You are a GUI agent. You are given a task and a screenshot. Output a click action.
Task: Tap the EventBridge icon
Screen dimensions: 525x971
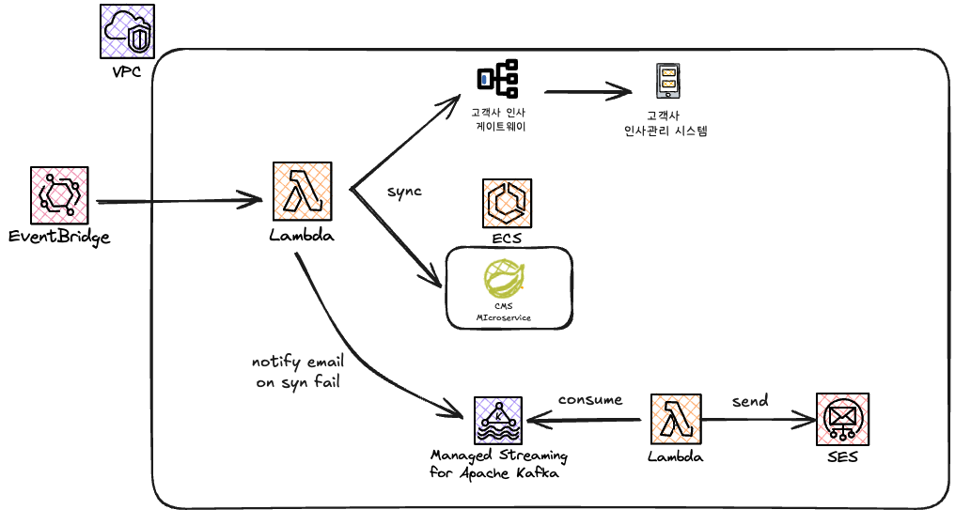tap(59, 195)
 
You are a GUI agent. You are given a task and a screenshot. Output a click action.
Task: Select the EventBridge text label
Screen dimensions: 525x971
tap(59, 237)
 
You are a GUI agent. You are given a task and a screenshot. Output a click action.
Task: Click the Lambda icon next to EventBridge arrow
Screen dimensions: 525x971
tap(301, 193)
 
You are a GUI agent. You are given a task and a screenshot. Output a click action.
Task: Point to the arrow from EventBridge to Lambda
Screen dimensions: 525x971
tap(179, 200)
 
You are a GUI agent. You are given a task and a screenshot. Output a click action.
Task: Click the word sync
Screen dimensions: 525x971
tap(404, 192)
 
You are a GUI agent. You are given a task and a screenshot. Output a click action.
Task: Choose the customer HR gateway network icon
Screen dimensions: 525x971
tap(497, 79)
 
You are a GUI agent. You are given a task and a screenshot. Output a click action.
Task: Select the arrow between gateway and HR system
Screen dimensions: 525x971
tap(587, 91)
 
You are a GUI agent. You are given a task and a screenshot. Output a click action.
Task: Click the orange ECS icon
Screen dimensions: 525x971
tap(509, 204)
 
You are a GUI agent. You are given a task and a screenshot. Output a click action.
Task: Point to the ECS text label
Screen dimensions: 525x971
tap(508, 239)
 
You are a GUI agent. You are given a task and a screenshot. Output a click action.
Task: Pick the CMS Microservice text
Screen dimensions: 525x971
tap(503, 312)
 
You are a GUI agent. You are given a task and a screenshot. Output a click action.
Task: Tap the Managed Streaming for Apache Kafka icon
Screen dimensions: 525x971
tap(498, 420)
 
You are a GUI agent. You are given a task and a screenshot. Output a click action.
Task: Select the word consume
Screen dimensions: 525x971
tap(590, 399)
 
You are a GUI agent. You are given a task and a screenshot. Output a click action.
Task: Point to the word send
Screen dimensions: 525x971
tap(750, 401)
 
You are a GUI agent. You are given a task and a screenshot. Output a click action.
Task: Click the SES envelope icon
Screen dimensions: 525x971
tap(842, 419)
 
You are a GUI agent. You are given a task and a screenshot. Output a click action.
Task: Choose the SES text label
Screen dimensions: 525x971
tap(842, 457)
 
